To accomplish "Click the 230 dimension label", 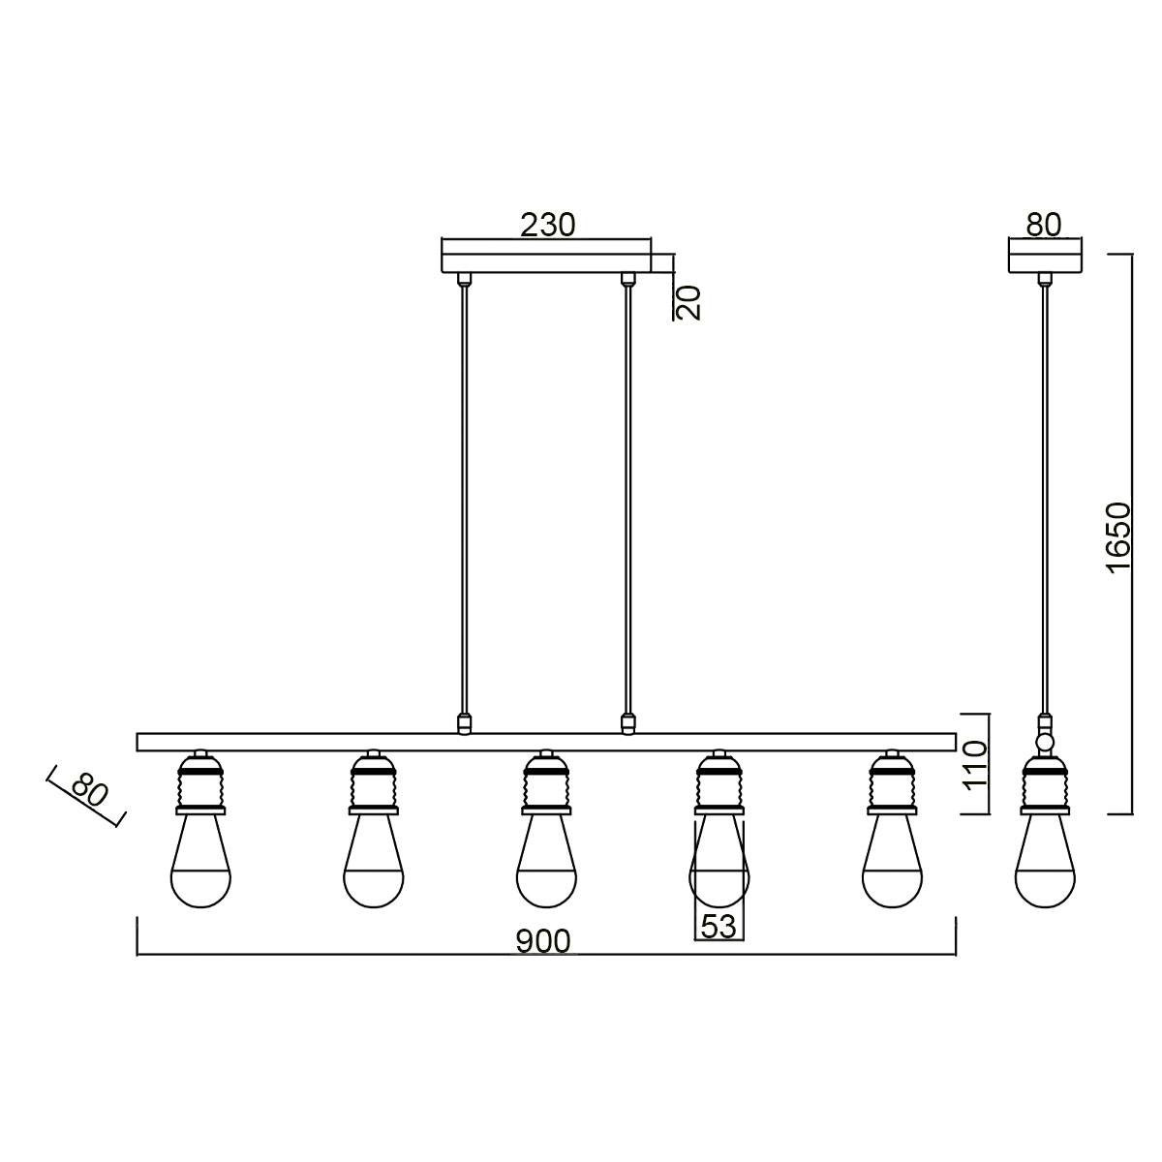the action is pos(547,225).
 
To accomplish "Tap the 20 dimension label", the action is pos(688,301).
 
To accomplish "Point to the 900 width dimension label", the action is pos(542,942).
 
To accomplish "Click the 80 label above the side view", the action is pos(1043,225).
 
